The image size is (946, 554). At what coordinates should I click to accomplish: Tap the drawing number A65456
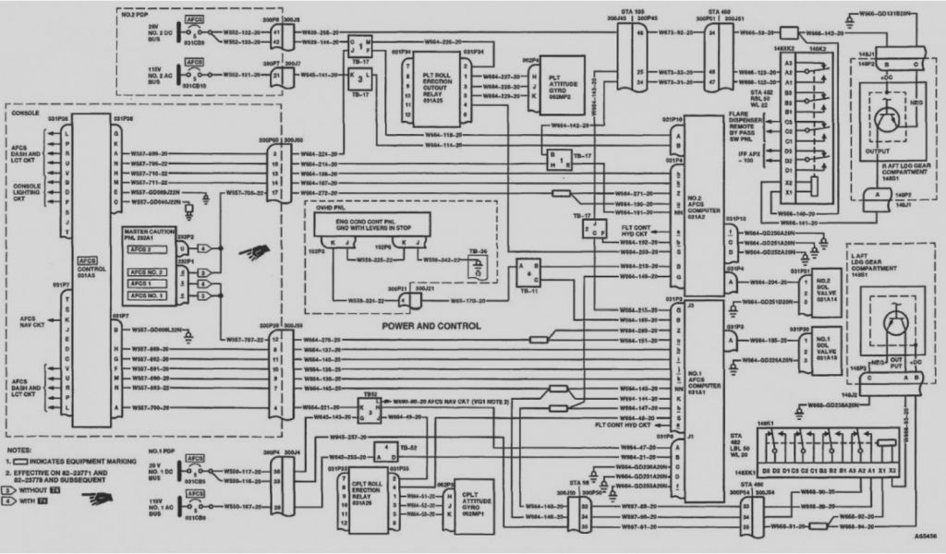(x=927, y=536)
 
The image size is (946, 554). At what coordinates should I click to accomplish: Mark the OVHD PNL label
(x=326, y=210)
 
